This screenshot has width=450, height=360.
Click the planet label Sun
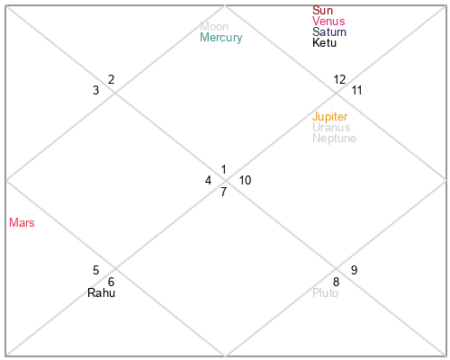322,10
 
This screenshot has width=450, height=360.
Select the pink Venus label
328,21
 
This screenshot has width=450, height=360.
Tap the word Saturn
329,31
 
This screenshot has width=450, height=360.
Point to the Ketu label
324,42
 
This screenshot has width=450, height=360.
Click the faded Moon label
214,26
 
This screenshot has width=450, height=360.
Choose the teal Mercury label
221,38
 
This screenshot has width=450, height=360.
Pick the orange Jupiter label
330,117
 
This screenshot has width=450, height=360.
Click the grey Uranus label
331,127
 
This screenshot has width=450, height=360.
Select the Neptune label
334,139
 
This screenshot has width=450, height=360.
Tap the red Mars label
22,222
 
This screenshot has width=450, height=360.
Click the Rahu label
101,292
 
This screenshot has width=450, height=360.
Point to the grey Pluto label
325,292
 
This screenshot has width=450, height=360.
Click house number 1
223,169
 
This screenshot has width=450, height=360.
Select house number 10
245,180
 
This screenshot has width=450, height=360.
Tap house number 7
223,192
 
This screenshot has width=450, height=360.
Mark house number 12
339,79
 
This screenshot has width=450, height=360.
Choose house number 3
95,90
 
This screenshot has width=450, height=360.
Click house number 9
354,270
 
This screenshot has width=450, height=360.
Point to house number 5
95,270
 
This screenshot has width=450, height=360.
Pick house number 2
111,79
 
